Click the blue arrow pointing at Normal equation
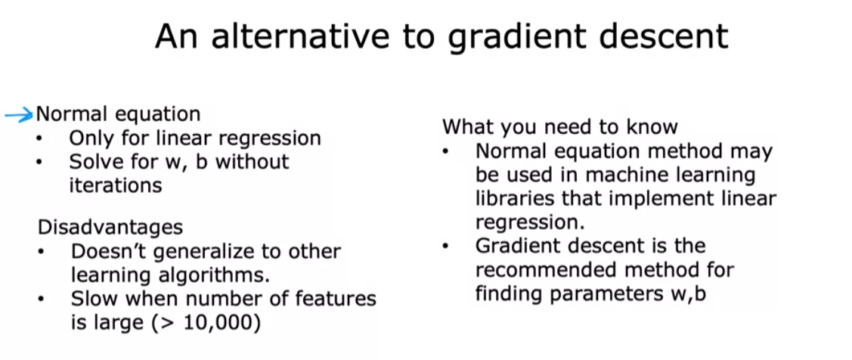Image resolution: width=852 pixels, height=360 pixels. pyautogui.click(x=19, y=115)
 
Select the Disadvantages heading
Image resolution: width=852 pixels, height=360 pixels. pyautogui.click(x=110, y=228)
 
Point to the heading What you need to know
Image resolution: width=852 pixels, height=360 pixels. pyautogui.click(x=559, y=127)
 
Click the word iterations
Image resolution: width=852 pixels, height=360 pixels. pyautogui.click(x=115, y=185)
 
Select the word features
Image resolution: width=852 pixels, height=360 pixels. pyautogui.click(x=341, y=299)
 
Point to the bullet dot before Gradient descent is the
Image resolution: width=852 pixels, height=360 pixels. pyautogui.click(x=446, y=247)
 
